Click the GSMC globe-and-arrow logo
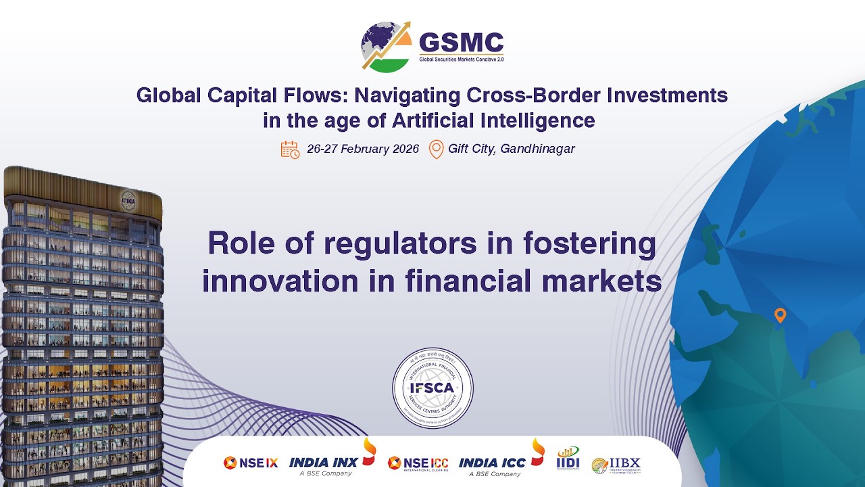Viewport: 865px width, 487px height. [x=386, y=46]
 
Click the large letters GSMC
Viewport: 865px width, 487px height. [x=462, y=43]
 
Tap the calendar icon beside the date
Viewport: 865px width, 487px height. [x=290, y=149]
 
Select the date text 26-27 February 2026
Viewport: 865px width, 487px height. [x=363, y=149]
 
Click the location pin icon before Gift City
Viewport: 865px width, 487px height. [x=437, y=149]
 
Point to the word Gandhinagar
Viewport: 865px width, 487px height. [x=537, y=149]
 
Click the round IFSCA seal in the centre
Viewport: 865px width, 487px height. [x=432, y=388]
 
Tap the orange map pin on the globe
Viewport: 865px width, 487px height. [x=780, y=315]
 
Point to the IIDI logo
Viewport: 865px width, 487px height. [x=568, y=459]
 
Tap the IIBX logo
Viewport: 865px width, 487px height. [x=616, y=465]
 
